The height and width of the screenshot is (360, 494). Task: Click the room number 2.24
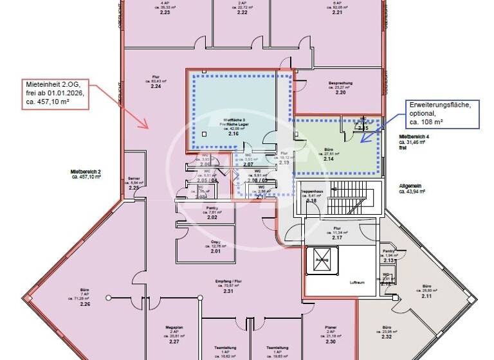(x=155, y=87)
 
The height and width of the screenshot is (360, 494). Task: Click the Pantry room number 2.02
(x=212, y=218)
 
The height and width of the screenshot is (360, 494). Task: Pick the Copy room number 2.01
(x=215, y=251)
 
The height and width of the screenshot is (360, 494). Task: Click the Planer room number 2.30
(x=331, y=341)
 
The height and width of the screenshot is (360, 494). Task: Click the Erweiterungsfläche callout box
(x=440, y=113)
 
